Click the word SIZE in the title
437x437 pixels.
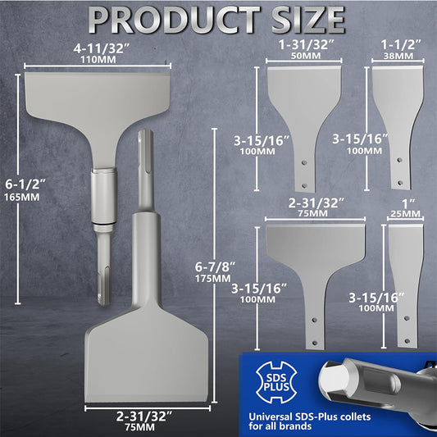(x=308, y=20)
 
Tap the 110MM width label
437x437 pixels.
(x=98, y=60)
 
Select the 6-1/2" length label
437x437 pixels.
(x=25, y=184)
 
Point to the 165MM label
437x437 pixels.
(x=22, y=198)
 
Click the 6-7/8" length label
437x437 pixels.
(x=215, y=267)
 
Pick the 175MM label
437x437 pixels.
(x=213, y=279)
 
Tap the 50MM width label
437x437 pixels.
(x=306, y=56)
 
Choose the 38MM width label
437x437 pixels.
(x=398, y=56)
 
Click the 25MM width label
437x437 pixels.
(x=405, y=214)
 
